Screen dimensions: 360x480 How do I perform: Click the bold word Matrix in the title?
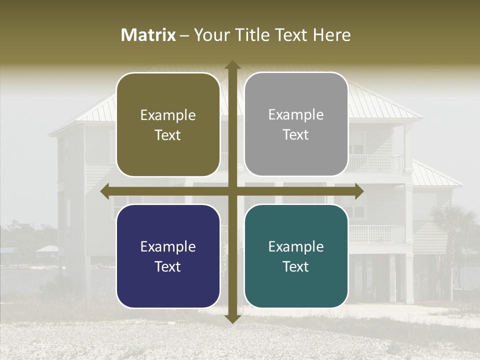(x=148, y=35)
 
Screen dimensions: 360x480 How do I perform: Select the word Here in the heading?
(x=331, y=35)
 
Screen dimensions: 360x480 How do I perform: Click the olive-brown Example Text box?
(x=168, y=124)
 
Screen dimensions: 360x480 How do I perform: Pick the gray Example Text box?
(x=296, y=124)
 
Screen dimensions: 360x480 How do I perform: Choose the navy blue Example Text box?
(x=168, y=256)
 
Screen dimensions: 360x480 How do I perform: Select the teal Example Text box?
(x=296, y=256)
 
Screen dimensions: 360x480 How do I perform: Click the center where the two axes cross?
(x=232, y=191)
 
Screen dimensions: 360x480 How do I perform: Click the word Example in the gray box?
(x=296, y=114)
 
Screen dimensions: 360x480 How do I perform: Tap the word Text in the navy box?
(x=168, y=266)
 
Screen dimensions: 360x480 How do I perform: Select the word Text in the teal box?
(x=296, y=266)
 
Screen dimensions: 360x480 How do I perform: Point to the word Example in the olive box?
(x=168, y=115)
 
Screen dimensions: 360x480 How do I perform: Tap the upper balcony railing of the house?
(x=376, y=163)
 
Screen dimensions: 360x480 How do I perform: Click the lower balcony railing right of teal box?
(x=376, y=234)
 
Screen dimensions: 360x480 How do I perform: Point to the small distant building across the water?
(x=47, y=249)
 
